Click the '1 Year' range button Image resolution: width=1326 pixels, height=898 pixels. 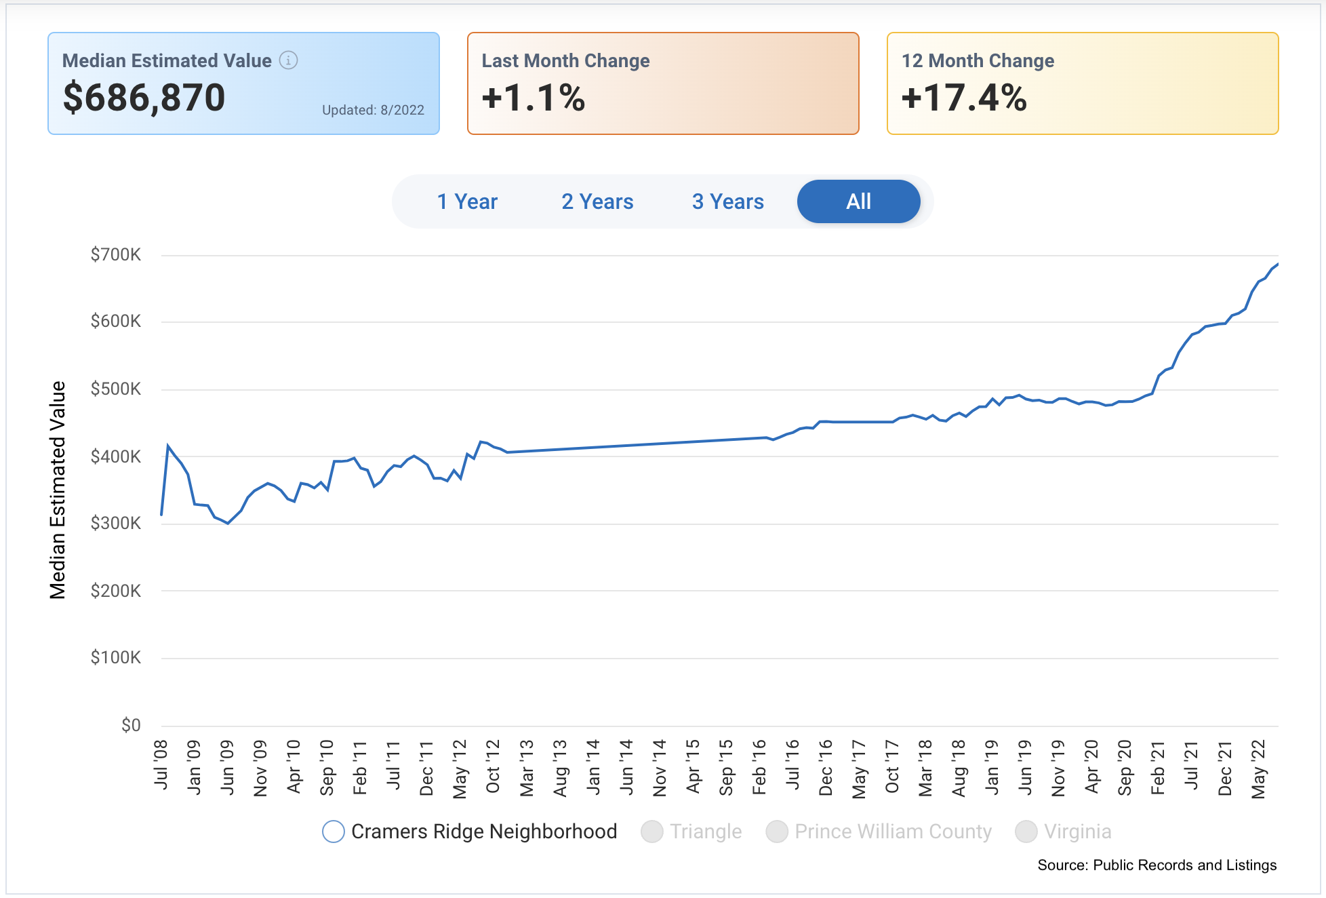(x=467, y=201)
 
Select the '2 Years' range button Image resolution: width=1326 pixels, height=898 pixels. (x=597, y=201)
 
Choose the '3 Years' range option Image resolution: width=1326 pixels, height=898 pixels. (x=727, y=201)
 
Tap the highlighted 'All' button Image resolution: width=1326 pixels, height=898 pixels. (x=858, y=201)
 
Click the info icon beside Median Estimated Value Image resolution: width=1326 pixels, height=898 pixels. (x=289, y=60)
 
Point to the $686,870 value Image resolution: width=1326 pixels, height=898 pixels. (x=144, y=98)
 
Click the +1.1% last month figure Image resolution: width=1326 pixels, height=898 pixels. (x=534, y=98)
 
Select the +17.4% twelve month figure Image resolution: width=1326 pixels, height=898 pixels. (x=964, y=98)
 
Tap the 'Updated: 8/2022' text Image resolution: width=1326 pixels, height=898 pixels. (x=373, y=110)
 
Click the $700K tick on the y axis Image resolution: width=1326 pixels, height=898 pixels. (x=116, y=255)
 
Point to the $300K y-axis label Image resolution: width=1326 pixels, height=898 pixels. (x=116, y=523)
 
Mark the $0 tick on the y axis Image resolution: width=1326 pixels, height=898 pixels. (x=131, y=725)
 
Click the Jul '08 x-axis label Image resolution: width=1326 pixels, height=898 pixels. (x=161, y=764)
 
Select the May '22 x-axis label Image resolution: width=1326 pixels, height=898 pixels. (x=1258, y=768)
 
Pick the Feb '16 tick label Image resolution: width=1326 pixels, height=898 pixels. (x=759, y=766)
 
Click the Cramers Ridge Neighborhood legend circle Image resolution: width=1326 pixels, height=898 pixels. (x=334, y=832)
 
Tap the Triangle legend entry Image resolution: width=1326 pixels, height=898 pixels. (x=691, y=832)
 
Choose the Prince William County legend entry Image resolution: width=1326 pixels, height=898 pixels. (x=879, y=832)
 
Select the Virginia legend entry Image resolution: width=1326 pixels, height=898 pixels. (x=1063, y=832)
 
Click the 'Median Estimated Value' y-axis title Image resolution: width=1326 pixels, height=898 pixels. (x=58, y=490)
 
